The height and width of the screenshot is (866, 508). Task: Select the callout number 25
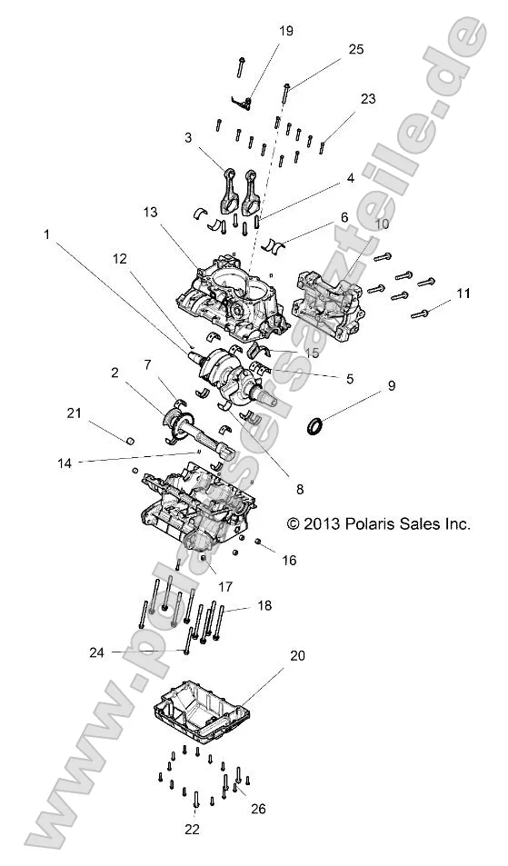[x=355, y=48]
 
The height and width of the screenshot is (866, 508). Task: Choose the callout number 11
[x=463, y=293]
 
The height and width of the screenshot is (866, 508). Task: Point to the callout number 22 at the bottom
[x=192, y=828]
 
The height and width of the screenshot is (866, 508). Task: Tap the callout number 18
[x=264, y=604]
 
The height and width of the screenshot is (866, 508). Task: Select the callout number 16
[x=288, y=561]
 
